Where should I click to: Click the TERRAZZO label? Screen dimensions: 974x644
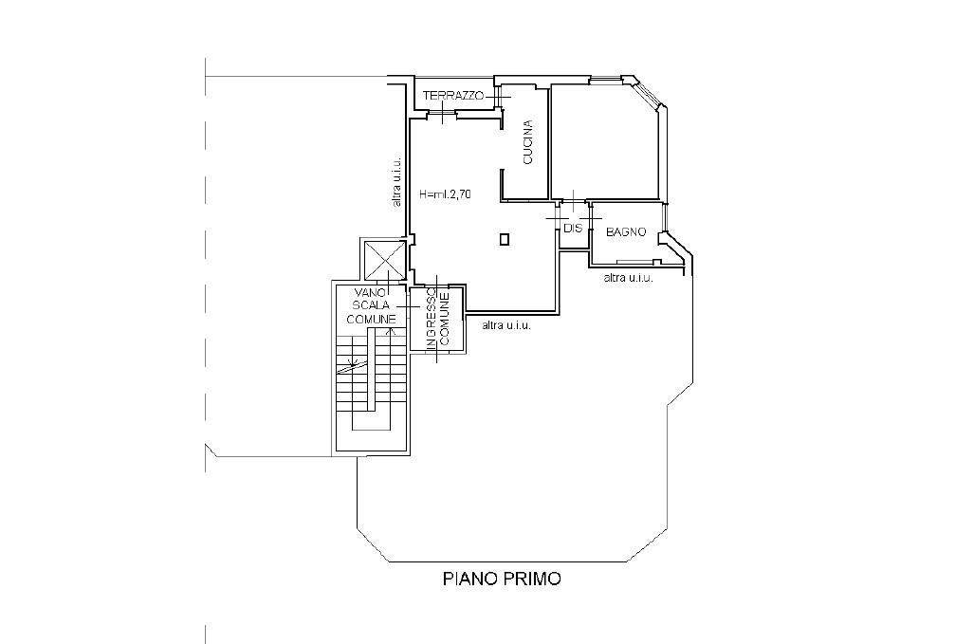pos(453,96)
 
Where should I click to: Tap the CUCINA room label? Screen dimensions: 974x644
pos(528,141)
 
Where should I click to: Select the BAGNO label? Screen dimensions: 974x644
pos(626,232)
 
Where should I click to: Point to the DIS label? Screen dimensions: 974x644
pos(573,228)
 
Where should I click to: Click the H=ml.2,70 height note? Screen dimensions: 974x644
pos(446,193)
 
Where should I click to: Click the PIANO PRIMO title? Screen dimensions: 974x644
pos(502,579)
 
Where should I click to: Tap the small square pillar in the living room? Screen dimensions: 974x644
pos(505,239)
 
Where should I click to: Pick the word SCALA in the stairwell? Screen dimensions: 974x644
pos(371,305)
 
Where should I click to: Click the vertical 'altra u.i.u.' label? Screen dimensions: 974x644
pos(397,181)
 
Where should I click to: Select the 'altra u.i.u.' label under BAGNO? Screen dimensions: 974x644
pos(629,278)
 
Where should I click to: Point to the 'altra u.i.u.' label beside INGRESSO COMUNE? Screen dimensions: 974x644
pos(506,324)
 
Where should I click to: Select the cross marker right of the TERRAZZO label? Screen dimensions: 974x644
pos(502,96)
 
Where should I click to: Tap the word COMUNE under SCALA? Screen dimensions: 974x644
pos(372,320)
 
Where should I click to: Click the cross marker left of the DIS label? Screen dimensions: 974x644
pos(554,218)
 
